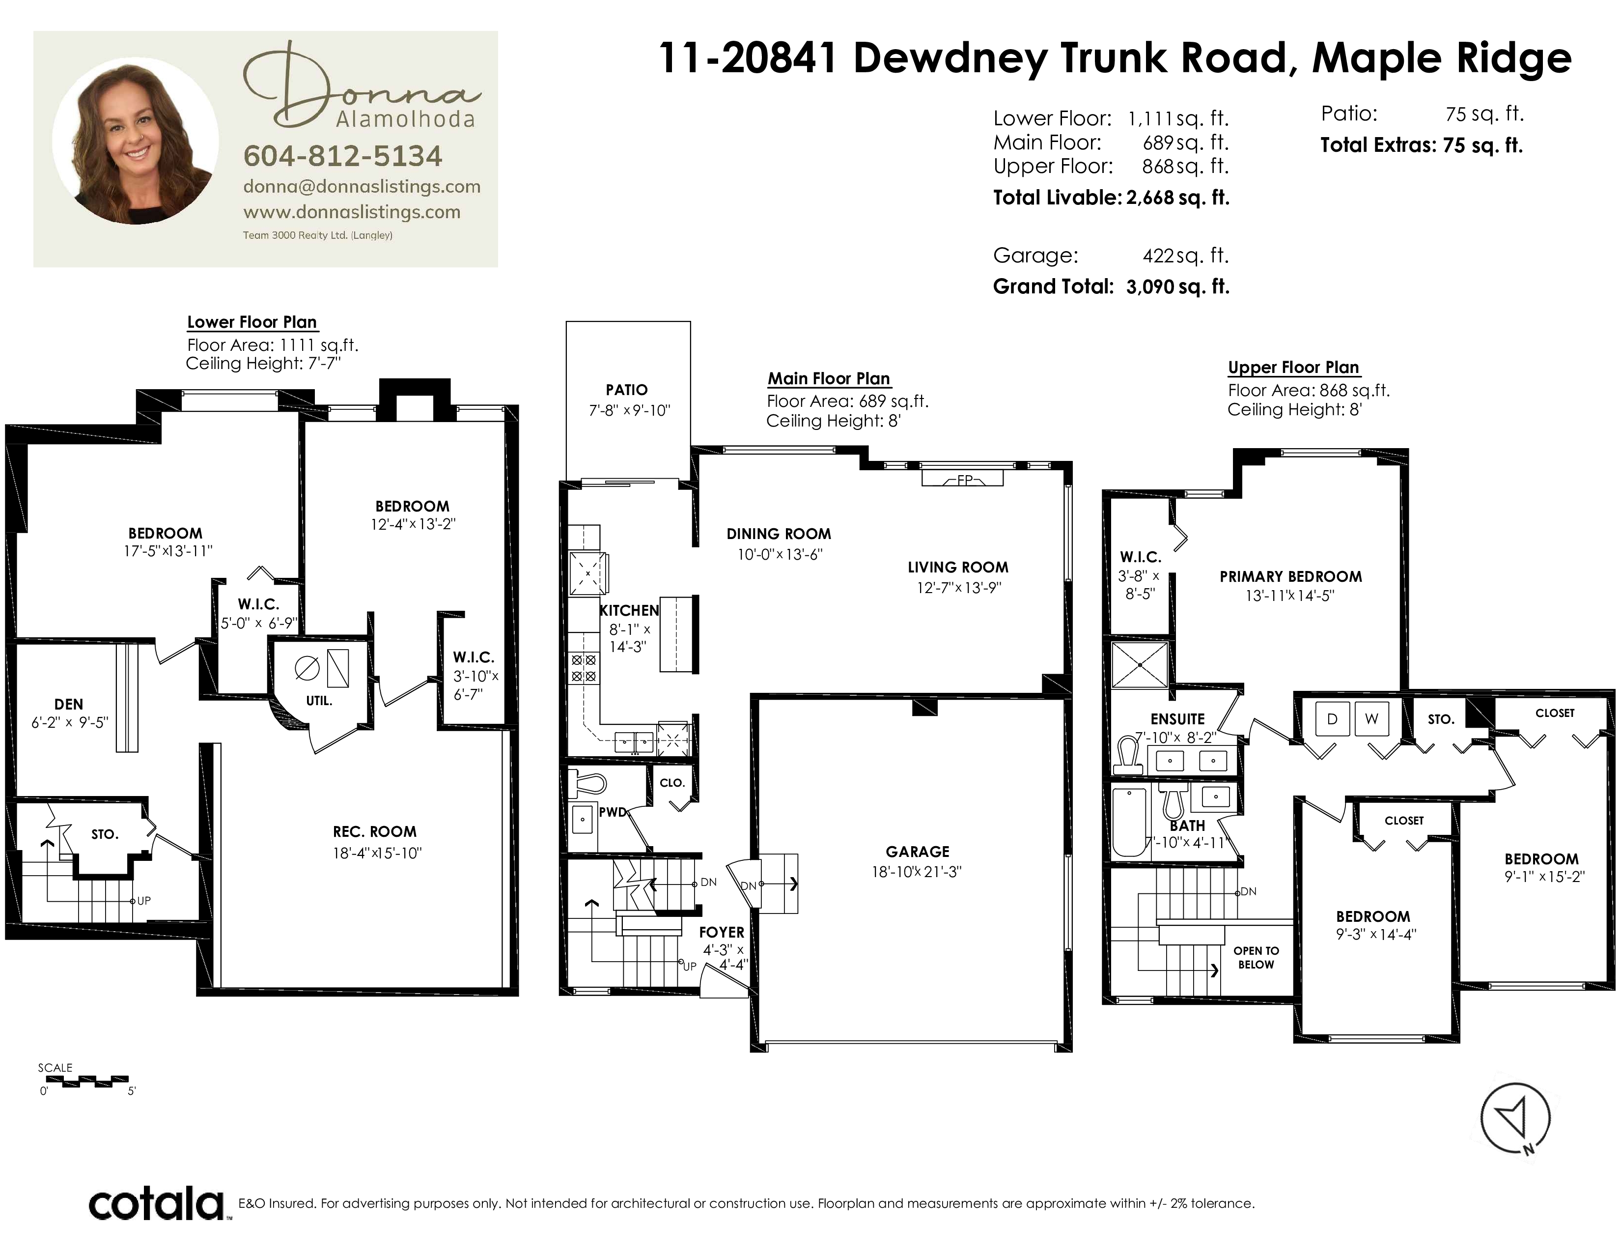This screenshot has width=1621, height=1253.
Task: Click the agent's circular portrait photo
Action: pos(136,141)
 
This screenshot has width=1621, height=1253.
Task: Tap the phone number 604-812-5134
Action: pos(343,156)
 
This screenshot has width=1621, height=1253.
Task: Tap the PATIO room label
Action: pos(626,390)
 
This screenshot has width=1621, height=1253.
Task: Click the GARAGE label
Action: pos(918,852)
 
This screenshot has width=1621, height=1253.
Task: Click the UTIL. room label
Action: pos(319,701)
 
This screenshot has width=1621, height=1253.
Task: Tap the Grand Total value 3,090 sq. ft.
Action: pos(1178,286)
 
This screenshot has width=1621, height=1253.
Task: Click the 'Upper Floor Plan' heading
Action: pos(1293,368)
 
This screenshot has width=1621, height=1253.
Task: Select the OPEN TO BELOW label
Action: pos(1256,958)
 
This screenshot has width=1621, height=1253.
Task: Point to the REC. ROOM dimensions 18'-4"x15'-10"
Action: pos(377,854)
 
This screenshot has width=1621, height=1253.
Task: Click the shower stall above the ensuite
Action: pos(1139,665)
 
